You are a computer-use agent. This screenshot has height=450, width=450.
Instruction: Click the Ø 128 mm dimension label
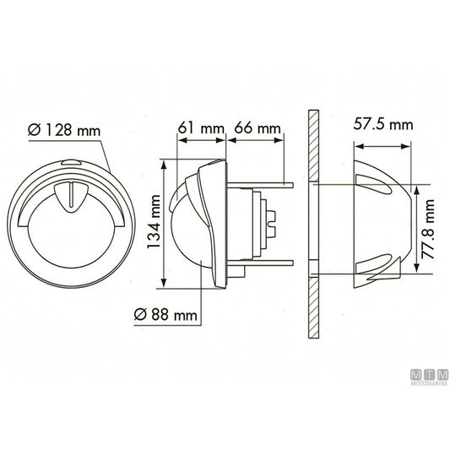pyautogui.click(x=64, y=130)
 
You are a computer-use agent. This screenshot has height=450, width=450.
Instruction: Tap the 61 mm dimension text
pyautogui.click(x=201, y=127)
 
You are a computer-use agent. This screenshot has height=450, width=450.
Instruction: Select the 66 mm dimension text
pyautogui.click(x=258, y=128)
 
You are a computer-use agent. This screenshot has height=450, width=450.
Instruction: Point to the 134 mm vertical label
pyautogui.click(x=154, y=222)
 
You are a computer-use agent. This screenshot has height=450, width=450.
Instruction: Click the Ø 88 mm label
pyautogui.click(x=165, y=315)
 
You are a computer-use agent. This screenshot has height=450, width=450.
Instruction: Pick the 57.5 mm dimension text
pyautogui.click(x=382, y=124)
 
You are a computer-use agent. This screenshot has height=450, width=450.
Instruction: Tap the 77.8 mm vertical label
pyautogui.click(x=427, y=230)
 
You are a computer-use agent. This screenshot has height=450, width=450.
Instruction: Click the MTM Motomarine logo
pyautogui.click(x=429, y=377)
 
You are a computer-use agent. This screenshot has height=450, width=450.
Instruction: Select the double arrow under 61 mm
pyautogui.click(x=202, y=140)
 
